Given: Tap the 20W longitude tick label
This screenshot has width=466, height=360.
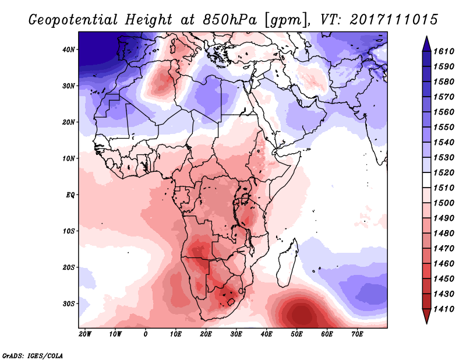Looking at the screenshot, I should [84, 334].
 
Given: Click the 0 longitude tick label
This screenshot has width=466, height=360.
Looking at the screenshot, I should [146, 334].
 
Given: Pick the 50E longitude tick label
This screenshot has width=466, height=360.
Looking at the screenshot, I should [296, 334].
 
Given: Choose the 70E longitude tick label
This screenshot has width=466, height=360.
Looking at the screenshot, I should [357, 334].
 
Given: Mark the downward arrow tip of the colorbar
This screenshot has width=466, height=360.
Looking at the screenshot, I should [426, 322].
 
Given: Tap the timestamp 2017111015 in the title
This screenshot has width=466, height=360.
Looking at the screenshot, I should [394, 20].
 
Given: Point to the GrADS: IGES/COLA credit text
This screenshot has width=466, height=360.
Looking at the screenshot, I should [33, 354].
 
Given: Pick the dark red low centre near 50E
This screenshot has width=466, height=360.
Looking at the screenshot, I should [300, 315].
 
